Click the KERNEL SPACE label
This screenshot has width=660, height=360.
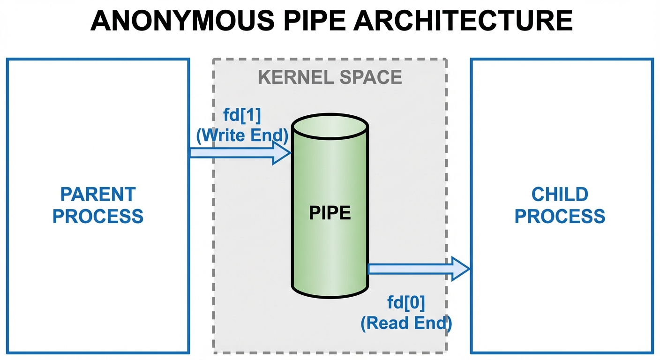[x=330, y=77]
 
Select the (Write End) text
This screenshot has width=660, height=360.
[x=241, y=136]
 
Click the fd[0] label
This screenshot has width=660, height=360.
[x=406, y=303]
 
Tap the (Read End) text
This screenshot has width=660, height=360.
[x=406, y=323]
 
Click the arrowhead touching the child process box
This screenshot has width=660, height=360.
[x=459, y=269]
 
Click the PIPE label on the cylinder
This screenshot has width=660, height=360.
[x=330, y=213]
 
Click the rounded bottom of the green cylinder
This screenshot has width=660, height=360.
[x=330, y=291]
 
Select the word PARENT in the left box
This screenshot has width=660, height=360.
[x=98, y=194]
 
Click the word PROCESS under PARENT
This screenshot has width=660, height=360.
[x=98, y=217]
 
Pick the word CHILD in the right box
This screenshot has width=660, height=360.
[x=560, y=194]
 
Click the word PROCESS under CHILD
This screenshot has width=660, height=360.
[x=560, y=217]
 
